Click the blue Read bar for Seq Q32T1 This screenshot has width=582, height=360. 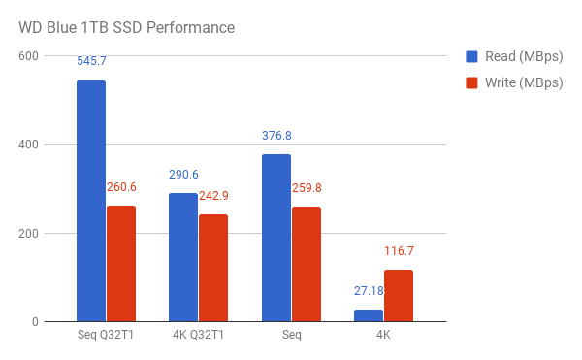click(x=91, y=200)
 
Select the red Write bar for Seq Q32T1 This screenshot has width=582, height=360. click(x=121, y=263)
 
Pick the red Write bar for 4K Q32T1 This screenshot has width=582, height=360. click(x=213, y=268)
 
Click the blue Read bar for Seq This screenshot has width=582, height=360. click(x=276, y=238)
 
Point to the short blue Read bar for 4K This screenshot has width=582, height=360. click(x=369, y=315)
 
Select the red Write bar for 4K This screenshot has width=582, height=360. click(x=399, y=296)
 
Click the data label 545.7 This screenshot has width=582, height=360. click(x=91, y=61)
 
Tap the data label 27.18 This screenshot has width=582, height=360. click(x=369, y=291)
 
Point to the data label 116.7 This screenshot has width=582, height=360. click(x=399, y=251)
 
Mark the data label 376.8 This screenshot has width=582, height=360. click(x=276, y=136)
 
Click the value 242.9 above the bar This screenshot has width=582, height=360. click(x=213, y=196)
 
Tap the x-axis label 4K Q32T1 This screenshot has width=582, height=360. click(x=198, y=336)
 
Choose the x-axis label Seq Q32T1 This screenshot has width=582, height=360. click(x=106, y=336)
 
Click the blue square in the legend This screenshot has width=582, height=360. click(x=472, y=55)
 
